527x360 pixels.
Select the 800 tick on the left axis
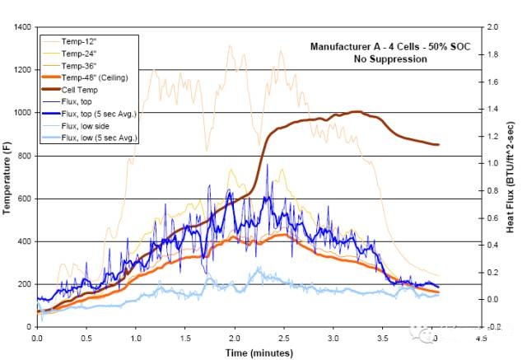[x=24, y=156]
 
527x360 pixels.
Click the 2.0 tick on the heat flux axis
[x=493, y=27]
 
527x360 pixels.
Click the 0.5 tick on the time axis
[x=86, y=338]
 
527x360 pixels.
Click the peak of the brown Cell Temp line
[x=356, y=111]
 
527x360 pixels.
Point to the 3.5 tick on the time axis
[x=384, y=338]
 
